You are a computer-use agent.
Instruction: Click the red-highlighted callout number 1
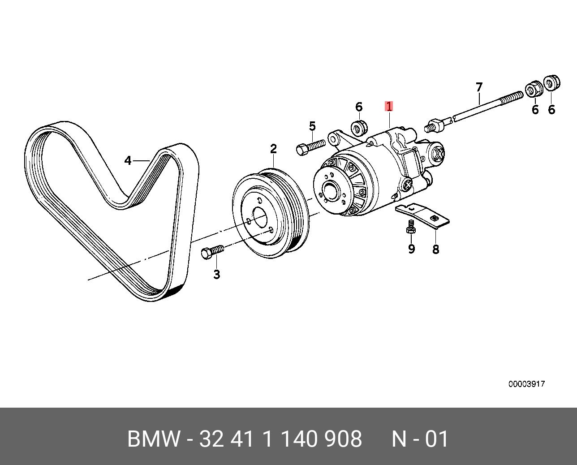point(389,107)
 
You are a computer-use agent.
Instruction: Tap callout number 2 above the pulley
point(273,149)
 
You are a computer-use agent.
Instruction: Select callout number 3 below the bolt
point(217,274)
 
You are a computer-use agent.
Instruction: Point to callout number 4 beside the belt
point(128,160)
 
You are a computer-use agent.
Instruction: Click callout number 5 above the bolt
point(312,126)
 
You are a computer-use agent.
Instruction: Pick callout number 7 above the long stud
point(479,87)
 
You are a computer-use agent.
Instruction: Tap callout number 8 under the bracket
point(436,249)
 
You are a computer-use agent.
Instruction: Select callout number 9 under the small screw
point(411,249)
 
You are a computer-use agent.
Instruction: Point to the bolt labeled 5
point(309,146)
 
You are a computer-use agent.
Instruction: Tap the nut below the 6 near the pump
point(359,128)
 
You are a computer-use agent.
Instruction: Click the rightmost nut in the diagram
point(551,83)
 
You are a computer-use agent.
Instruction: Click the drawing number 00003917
point(526,384)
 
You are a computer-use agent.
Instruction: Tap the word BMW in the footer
point(153,439)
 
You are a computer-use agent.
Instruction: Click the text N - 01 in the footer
point(420,439)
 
